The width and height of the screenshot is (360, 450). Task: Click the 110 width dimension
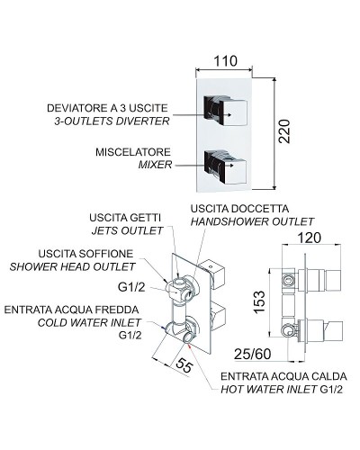pos(225,61)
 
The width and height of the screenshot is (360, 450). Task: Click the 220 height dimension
pos(283,131)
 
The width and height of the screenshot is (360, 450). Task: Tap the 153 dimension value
pos(259,301)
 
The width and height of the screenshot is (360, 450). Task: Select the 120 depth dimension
pos(310,238)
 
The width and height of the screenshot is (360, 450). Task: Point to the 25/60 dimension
pos(252,354)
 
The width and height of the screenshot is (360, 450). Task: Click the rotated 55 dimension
pos(184,365)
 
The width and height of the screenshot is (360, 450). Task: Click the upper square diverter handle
pos(225,111)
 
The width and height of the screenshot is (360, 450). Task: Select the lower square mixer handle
pos(225,166)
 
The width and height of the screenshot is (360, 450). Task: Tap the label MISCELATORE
pos(133,152)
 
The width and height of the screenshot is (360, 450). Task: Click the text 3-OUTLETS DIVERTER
pos(112,121)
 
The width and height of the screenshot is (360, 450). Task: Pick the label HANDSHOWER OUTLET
pos(252,221)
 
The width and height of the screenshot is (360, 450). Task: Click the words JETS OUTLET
pos(127,230)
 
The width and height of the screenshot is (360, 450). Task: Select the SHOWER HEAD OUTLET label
pos(72,266)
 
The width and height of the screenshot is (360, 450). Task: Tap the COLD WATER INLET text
pos(89,323)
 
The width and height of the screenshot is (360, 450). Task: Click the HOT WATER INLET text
pos(269,390)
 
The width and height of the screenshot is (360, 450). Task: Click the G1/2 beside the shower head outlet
pos(131,287)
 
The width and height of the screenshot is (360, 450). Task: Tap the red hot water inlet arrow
pos(191,346)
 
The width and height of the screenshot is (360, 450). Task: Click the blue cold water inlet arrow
pos(164,328)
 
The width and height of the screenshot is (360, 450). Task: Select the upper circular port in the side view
pos(289,281)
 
